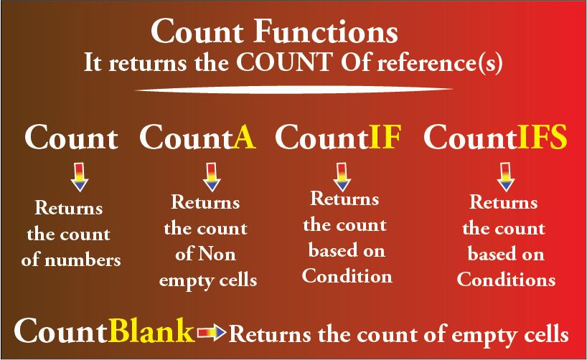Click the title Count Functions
click(274, 32)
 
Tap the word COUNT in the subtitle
click(284, 62)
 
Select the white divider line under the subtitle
click(294, 90)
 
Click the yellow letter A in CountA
click(244, 137)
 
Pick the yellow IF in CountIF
click(385, 137)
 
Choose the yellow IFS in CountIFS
click(543, 137)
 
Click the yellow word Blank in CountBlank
click(151, 331)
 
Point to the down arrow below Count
click(80, 177)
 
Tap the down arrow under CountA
click(212, 177)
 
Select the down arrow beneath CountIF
click(342, 177)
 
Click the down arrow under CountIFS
click(506, 177)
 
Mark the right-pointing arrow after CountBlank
click(212, 332)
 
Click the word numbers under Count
click(83, 260)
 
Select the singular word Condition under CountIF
click(347, 276)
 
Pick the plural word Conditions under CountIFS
click(506, 279)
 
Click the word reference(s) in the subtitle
click(439, 63)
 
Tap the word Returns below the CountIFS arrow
click(504, 202)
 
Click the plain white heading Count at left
click(72, 137)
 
